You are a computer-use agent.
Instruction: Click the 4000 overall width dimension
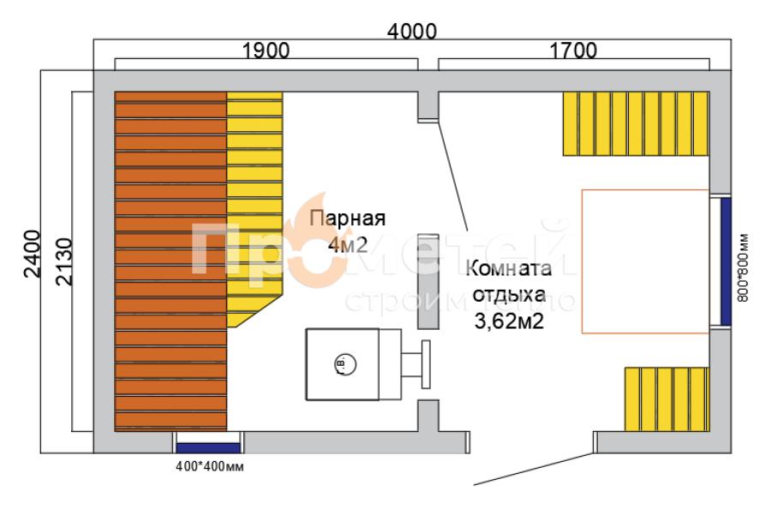pyautogui.click(x=413, y=32)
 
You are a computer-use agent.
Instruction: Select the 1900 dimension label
pyautogui.click(x=265, y=51)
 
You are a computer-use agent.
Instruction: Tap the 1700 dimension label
pyautogui.click(x=573, y=51)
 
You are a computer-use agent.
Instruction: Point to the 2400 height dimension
pyautogui.click(x=31, y=254)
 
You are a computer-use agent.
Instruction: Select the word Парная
pyautogui.click(x=348, y=218)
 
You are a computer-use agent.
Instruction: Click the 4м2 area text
pyautogui.click(x=348, y=245)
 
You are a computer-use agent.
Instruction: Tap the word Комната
pyautogui.click(x=509, y=269)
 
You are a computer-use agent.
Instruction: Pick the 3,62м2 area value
pyautogui.click(x=510, y=323)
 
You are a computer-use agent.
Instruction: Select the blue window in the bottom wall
pyautogui.click(x=208, y=444)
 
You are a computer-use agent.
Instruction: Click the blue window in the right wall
pyautogui.click(x=725, y=261)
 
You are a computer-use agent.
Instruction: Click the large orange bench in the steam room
pyautogui.click(x=170, y=261)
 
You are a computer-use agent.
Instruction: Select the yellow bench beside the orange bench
pyautogui.click(x=254, y=206)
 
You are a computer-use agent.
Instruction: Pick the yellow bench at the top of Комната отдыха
pyautogui.click(x=636, y=123)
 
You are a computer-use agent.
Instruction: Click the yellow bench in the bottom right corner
pyautogui.click(x=666, y=398)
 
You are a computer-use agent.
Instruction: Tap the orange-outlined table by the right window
pyautogui.click(x=645, y=260)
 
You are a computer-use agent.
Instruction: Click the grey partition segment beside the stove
pyautogui.click(x=427, y=281)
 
